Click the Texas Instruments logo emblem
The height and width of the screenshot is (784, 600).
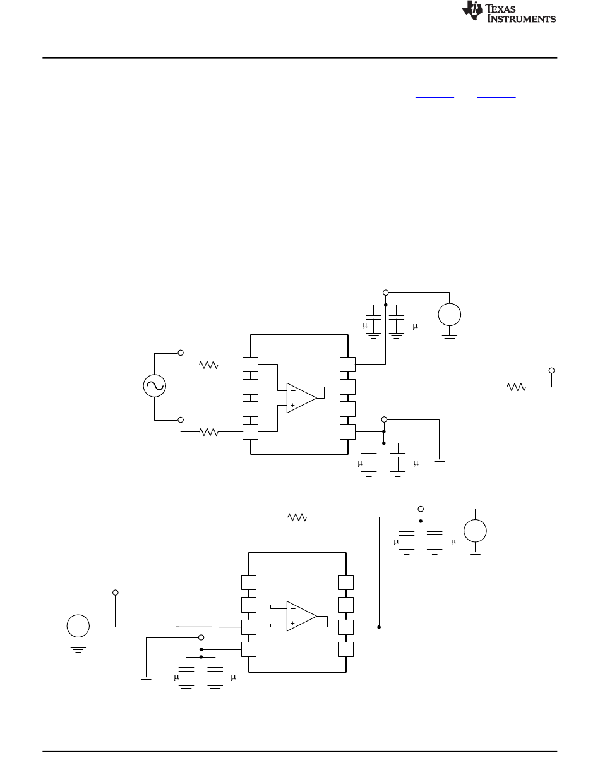pyautogui.click(x=472, y=11)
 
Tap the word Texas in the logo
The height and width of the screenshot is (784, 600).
pyautogui.click(x=500, y=9)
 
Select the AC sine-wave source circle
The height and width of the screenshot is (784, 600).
pyautogui.click(x=154, y=386)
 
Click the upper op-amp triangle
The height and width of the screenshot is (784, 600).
pyautogui.click(x=301, y=398)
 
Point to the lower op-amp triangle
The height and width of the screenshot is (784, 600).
pyautogui.click(x=301, y=616)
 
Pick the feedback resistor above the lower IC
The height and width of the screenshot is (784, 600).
pyautogui.click(x=297, y=517)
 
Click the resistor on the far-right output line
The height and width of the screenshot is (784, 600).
pyautogui.click(x=516, y=387)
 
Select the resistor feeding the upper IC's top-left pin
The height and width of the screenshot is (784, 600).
pyautogui.click(x=208, y=365)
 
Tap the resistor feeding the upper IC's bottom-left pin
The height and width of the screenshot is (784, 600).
pyautogui.click(x=208, y=432)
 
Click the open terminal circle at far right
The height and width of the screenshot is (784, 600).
pyautogui.click(x=551, y=371)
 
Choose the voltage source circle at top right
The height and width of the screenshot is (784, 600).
pyautogui.click(x=449, y=314)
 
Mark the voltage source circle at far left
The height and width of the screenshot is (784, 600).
pyautogui.click(x=78, y=626)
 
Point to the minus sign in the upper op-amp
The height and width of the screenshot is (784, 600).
pyautogui.click(x=293, y=391)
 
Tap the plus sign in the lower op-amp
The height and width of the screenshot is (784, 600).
pyautogui.click(x=292, y=623)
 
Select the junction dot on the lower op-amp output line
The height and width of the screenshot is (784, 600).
pyautogui.click(x=379, y=627)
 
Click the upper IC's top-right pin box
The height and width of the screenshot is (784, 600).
pyautogui.click(x=347, y=365)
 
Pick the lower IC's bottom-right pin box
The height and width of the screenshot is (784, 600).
pyautogui.click(x=346, y=649)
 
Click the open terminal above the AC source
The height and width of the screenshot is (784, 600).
pyautogui.click(x=181, y=353)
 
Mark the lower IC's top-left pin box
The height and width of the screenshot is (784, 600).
pyautogui.click(x=249, y=582)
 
